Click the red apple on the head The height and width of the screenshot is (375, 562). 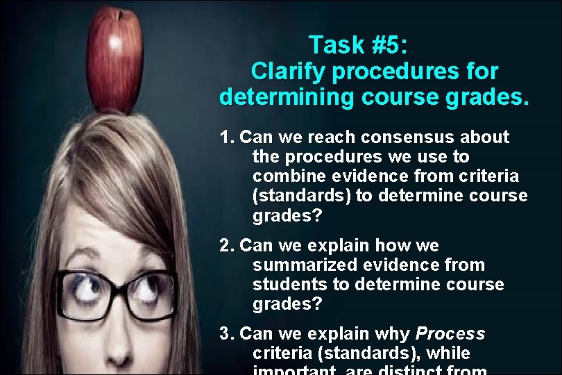[x=114, y=61]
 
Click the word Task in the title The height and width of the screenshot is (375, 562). [x=337, y=45]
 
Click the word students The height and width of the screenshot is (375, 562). [x=289, y=285]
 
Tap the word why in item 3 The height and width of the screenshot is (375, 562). [x=394, y=334]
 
